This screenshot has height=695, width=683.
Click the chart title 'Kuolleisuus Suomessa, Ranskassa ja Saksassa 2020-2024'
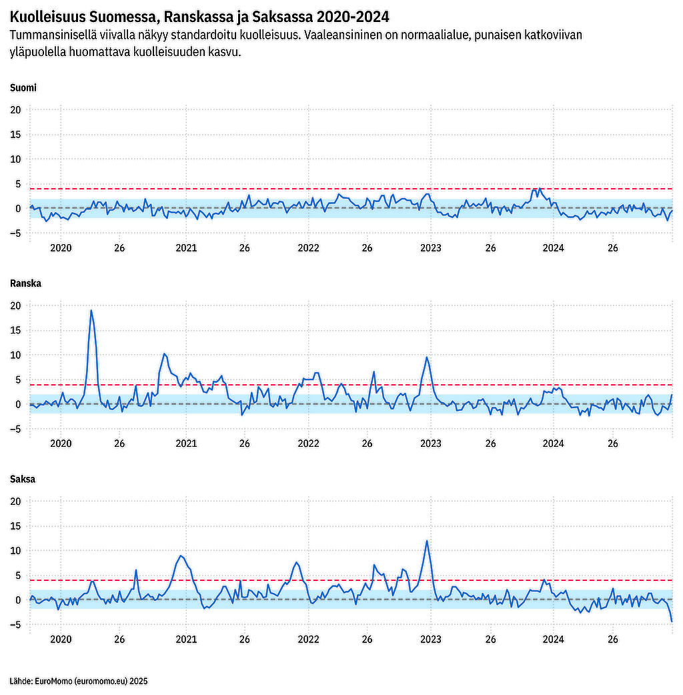point(199,17)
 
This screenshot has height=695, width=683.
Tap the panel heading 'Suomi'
point(23,87)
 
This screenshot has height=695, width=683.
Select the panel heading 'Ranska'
point(25,283)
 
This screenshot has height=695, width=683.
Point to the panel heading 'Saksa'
point(23,479)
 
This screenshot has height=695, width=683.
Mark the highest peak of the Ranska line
point(91,310)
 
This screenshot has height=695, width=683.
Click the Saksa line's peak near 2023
point(427,540)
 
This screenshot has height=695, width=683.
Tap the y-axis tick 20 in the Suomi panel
point(16,109)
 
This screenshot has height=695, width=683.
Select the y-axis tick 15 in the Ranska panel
point(16,330)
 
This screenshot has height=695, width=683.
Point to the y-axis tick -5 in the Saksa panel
point(16,624)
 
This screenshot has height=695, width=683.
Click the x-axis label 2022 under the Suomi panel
point(308,248)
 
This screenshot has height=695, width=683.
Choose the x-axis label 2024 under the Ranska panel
point(553,444)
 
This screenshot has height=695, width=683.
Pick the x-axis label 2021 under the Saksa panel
point(186,639)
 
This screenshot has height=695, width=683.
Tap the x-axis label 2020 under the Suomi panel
point(61,248)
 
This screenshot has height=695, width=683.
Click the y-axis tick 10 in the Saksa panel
point(16,550)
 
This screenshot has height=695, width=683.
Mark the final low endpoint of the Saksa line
point(672,622)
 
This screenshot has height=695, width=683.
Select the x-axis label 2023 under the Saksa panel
point(430,639)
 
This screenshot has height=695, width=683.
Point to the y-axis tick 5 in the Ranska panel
point(19,380)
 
